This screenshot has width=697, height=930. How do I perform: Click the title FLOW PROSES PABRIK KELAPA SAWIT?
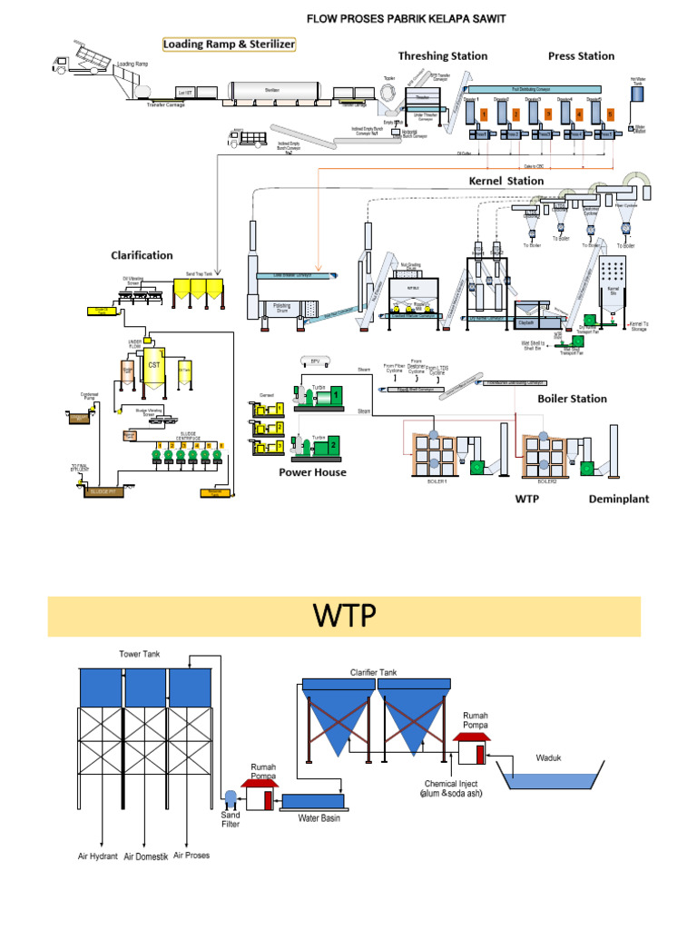pyautogui.click(x=405, y=18)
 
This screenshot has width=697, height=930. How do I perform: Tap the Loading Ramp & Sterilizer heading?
pyautogui.click(x=229, y=44)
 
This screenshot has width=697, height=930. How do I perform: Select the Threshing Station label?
pyautogui.click(x=443, y=56)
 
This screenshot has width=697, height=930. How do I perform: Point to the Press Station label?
pyautogui.click(x=581, y=56)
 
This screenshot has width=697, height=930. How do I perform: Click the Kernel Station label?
pyautogui.click(x=506, y=181)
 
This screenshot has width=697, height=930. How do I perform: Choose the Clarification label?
pyautogui.click(x=142, y=255)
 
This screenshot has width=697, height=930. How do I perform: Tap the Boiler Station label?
pyautogui.click(x=573, y=399)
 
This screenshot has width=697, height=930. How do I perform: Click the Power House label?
pyautogui.click(x=312, y=472)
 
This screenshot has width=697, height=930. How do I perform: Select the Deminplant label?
pyautogui.click(x=619, y=499)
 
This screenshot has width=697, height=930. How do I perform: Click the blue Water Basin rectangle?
pyautogui.click(x=313, y=801)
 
